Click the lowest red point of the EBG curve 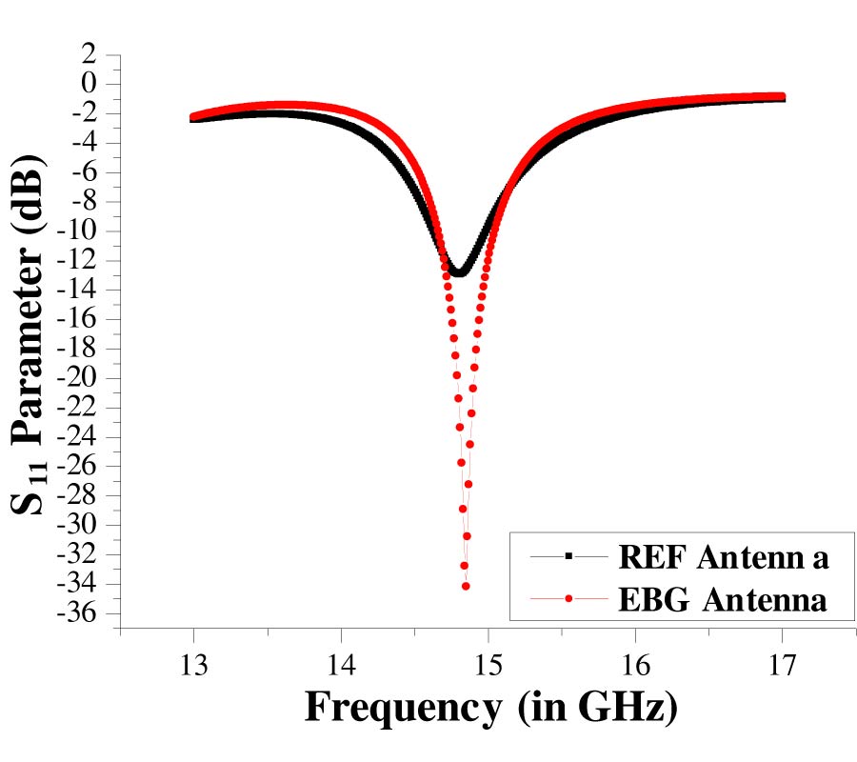pyautogui.click(x=466, y=586)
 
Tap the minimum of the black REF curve pyautogui.click(x=460, y=272)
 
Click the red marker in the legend pyautogui.click(x=568, y=599)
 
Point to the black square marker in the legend pyautogui.click(x=568, y=555)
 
